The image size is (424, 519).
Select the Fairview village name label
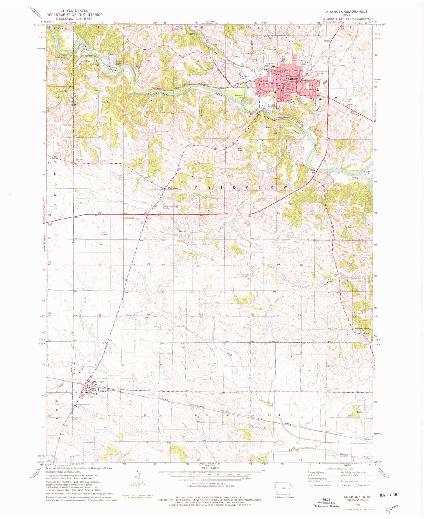click(x=173, y=188)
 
